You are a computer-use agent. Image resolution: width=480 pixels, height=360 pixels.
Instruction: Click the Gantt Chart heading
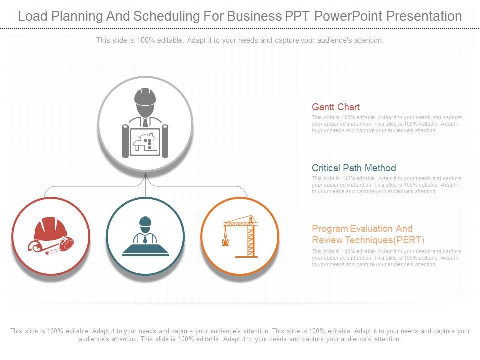click(x=335, y=107)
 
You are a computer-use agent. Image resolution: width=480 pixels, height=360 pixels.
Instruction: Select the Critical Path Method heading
click(x=353, y=168)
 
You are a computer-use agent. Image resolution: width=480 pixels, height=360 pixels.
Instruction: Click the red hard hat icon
click(x=50, y=229)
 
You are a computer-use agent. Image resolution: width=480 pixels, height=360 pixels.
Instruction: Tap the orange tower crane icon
click(x=242, y=235)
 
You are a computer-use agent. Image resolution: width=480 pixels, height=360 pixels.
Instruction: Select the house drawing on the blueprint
click(x=145, y=142)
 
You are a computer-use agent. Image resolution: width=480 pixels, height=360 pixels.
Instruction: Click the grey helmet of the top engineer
click(x=145, y=97)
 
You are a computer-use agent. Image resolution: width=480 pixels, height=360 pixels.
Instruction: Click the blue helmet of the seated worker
click(x=145, y=221)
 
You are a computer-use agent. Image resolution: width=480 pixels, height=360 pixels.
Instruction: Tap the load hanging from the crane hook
click(x=225, y=242)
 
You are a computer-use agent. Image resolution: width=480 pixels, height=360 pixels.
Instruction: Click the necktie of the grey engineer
click(x=145, y=122)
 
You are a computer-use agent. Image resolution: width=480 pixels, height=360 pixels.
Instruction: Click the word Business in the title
click(x=253, y=16)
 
